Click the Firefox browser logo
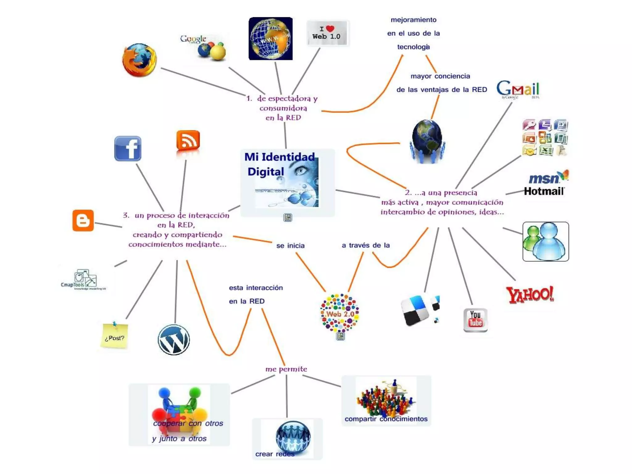point(139,60)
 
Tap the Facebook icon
point(128,148)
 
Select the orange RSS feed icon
point(188,141)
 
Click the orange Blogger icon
point(83,220)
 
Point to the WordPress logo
point(174,340)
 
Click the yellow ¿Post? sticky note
point(114,336)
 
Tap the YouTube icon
point(475,320)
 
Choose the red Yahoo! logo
point(530,294)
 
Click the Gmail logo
point(518,89)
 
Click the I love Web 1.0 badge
point(327,33)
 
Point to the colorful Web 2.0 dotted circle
point(340,313)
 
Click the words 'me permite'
point(286,369)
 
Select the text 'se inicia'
point(290,246)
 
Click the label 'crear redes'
point(275,454)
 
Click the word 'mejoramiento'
point(414,20)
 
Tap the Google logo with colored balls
point(204,47)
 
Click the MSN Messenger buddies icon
point(545,242)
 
